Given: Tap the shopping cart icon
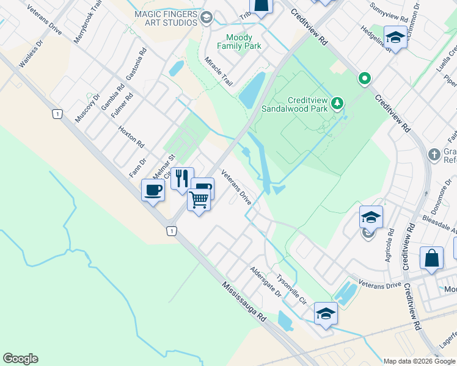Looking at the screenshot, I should (x=199, y=199).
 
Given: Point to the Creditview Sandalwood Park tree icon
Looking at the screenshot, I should (x=337, y=104).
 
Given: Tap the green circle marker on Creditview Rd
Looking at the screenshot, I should (x=365, y=78).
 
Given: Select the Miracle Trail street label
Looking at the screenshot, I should (x=219, y=71).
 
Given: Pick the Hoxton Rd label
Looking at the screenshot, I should (x=131, y=137).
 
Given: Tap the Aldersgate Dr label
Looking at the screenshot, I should (x=265, y=281).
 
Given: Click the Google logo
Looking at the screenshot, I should (x=20, y=359).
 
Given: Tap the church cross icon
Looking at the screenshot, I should (x=434, y=154).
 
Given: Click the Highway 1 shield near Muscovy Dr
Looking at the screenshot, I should (x=57, y=113).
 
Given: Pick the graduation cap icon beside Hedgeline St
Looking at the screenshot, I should (x=395, y=37).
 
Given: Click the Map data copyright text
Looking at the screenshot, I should (x=419, y=361).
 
